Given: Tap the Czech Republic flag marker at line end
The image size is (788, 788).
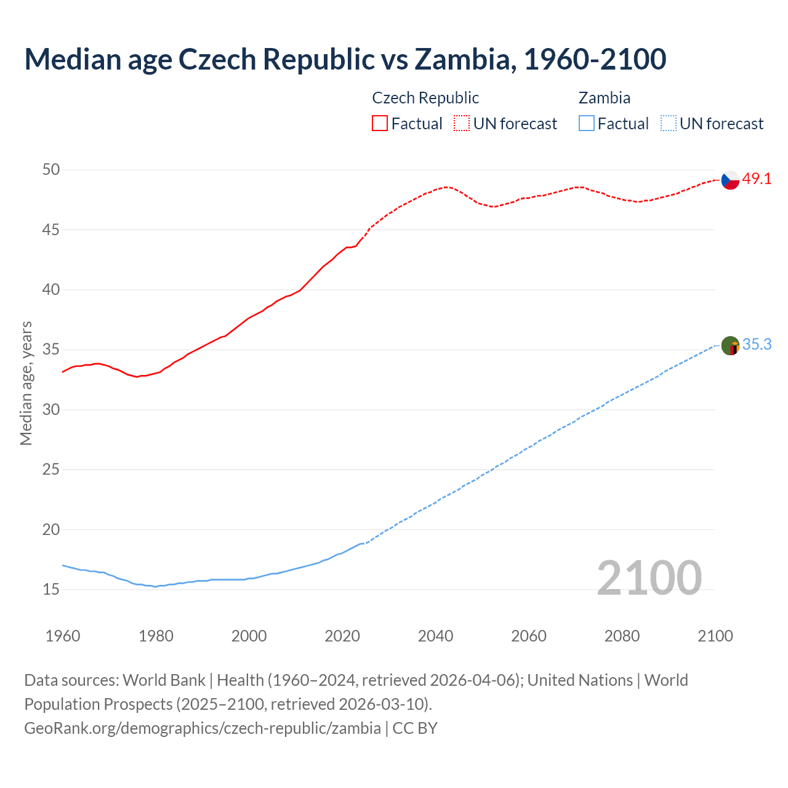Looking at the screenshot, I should [x=730, y=180].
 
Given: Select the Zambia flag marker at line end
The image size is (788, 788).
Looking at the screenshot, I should [x=730, y=345].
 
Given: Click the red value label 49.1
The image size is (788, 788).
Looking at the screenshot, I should [x=757, y=179].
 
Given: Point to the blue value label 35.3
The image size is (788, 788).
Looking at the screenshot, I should [x=757, y=345].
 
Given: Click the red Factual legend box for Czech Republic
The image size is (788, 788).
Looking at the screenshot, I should [x=380, y=124].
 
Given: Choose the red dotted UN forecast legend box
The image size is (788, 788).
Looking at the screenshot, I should [x=462, y=124].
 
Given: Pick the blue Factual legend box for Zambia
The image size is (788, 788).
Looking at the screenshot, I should [x=587, y=124].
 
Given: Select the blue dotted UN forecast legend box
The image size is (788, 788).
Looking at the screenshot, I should [x=668, y=124].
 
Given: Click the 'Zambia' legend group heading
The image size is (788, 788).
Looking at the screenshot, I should [x=604, y=98].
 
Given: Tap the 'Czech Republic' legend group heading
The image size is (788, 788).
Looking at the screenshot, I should [x=425, y=98].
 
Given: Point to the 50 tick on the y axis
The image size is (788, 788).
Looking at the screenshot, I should [x=51, y=169].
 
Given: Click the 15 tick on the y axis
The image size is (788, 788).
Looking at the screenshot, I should [x=51, y=590].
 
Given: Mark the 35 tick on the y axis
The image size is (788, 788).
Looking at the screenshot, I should [x=51, y=350].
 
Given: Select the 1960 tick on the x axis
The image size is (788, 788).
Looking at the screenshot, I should [x=63, y=636].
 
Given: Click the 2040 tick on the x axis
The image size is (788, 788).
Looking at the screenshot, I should [x=435, y=636].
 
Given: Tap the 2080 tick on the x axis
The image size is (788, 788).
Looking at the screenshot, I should [x=622, y=636].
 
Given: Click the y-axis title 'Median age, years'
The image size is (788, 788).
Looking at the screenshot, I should [x=26, y=383].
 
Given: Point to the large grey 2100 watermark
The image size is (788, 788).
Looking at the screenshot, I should [x=649, y=577].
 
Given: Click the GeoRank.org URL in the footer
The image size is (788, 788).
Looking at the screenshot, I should [x=202, y=728].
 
